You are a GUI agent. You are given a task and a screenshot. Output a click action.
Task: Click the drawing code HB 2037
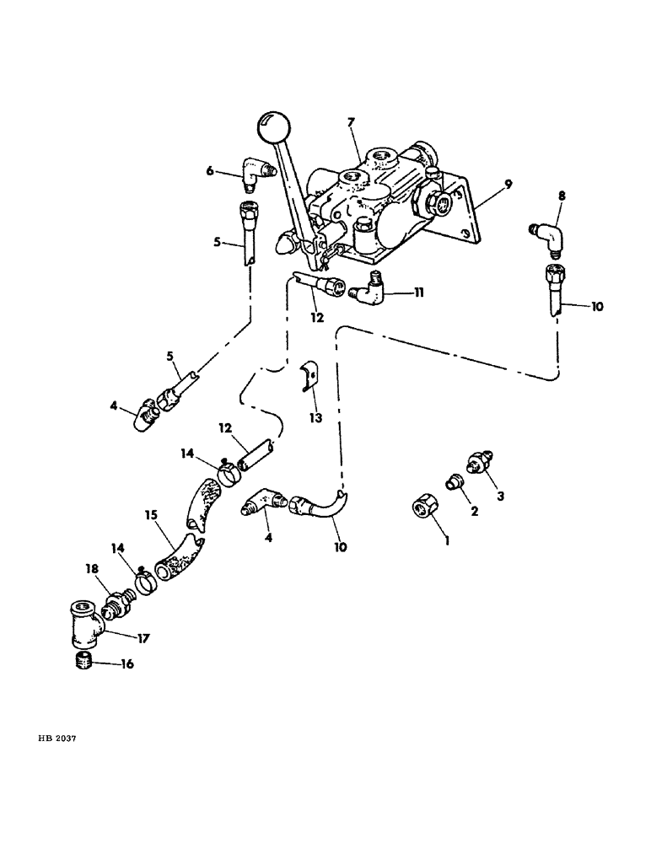[58, 738]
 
